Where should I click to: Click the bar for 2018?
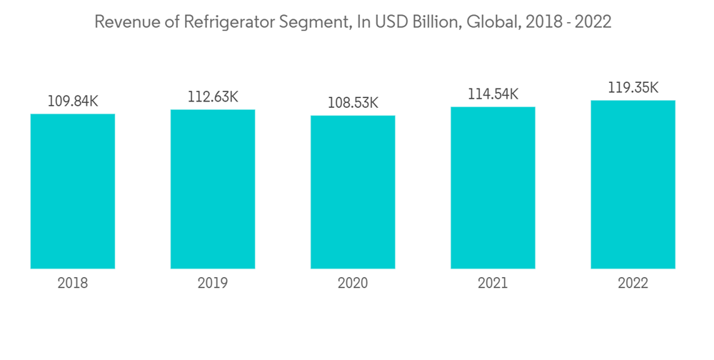pyautogui.click(x=73, y=191)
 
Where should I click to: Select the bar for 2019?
pyautogui.click(x=213, y=189)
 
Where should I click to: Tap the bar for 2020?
pyautogui.click(x=353, y=192)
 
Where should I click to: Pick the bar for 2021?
pyautogui.click(x=493, y=188)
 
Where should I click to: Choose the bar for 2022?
pyautogui.click(x=633, y=184)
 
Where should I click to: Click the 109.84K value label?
pyautogui.click(x=73, y=101)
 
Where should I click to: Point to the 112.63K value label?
pyautogui.click(x=213, y=97)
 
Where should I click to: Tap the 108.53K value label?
pyautogui.click(x=353, y=104)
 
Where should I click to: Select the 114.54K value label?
pyautogui.click(x=493, y=94)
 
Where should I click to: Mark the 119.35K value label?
pyautogui.click(x=633, y=88)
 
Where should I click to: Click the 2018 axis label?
pyautogui.click(x=73, y=284)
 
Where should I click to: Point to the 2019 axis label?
pyautogui.click(x=213, y=284)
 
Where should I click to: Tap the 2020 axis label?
pyautogui.click(x=353, y=284)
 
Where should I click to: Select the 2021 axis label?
pyautogui.click(x=493, y=284)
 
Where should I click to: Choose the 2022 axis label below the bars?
pyautogui.click(x=633, y=284)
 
